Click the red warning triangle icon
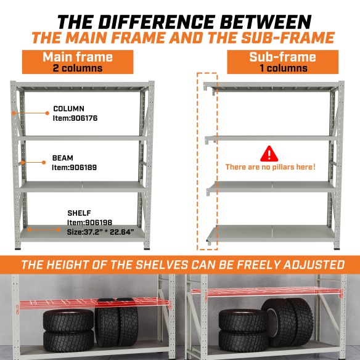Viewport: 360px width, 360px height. [x=269, y=153]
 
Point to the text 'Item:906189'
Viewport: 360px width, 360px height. [x=74, y=167]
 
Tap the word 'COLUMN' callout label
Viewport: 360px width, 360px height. [x=69, y=108]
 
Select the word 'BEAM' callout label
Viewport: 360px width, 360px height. [x=62, y=158]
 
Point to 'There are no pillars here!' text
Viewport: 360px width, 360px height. [x=270, y=167]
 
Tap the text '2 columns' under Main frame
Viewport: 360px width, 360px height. [x=77, y=68]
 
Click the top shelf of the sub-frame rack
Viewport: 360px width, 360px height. [x=272, y=85]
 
